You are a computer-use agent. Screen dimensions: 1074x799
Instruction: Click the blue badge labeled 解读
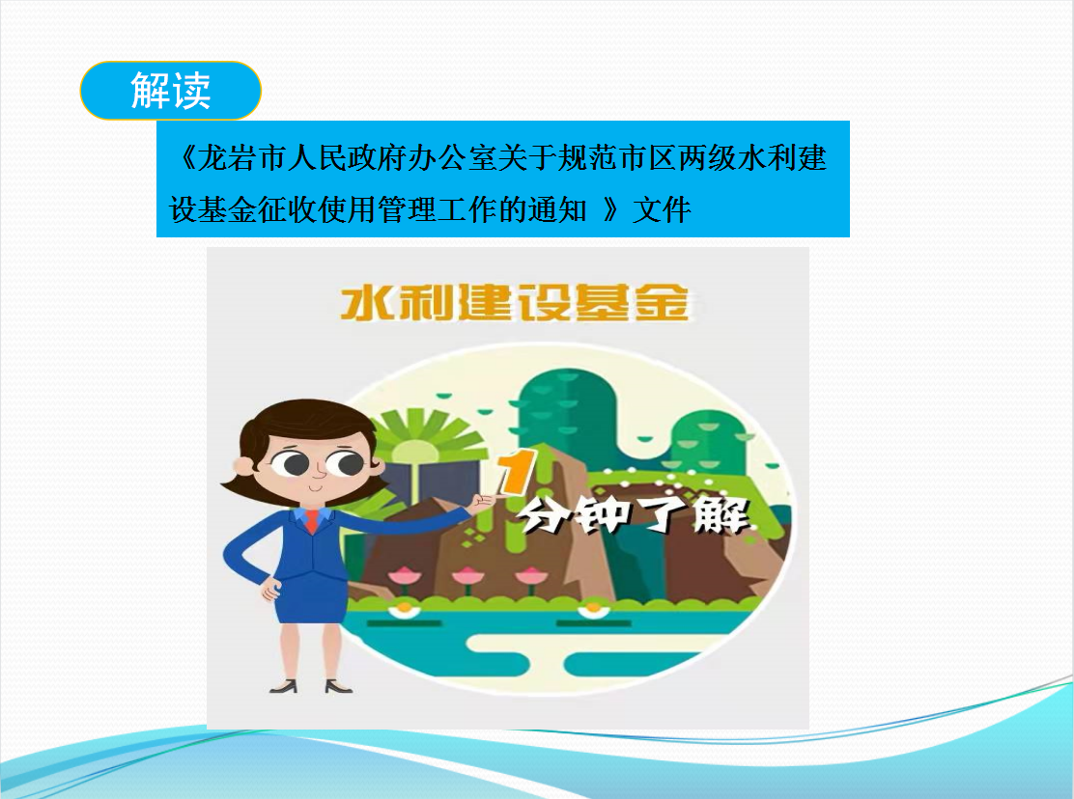pyautogui.click(x=171, y=91)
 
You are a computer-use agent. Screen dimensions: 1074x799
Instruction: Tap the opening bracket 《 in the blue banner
pyautogui.click(x=185, y=158)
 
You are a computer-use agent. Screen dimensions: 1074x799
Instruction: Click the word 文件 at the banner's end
pyautogui.click(x=662, y=210)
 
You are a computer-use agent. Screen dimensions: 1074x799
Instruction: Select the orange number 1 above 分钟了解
pyautogui.click(x=517, y=472)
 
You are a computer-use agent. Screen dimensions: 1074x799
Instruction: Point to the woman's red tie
pyautogui.click(x=311, y=521)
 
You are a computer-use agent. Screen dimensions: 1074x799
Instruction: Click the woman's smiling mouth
pyautogui.click(x=315, y=488)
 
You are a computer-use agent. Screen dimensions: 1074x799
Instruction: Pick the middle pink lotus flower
pyautogui.click(x=466, y=577)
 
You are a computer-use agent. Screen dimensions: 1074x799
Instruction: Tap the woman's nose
pyautogui.click(x=319, y=472)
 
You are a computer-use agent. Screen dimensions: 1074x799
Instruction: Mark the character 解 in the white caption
pyautogui.click(x=721, y=514)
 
